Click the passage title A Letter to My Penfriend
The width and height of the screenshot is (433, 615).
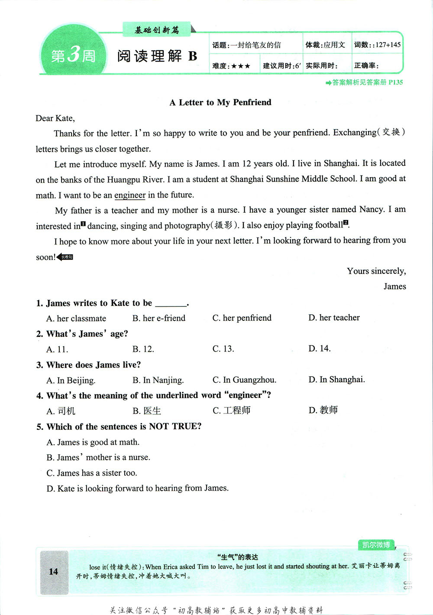(220, 102)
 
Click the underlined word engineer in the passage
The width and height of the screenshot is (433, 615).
(130, 195)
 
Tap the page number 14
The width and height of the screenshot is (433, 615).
(54, 571)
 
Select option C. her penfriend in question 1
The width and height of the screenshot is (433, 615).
(242, 318)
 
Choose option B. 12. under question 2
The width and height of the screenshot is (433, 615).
(143, 349)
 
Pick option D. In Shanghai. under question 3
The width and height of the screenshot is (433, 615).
(336, 380)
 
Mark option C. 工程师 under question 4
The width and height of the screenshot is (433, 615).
(232, 410)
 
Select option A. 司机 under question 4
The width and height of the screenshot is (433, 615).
(61, 411)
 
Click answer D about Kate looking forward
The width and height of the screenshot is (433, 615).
(137, 488)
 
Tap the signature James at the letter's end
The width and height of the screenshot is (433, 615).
(394, 286)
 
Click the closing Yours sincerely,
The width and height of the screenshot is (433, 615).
(376, 271)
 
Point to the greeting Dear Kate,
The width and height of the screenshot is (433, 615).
(55, 118)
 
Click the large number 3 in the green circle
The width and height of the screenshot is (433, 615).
(74, 55)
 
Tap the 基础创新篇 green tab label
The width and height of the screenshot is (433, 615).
(156, 30)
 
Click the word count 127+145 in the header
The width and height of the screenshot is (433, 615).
(388, 45)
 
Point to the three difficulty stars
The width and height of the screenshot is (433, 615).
(241, 66)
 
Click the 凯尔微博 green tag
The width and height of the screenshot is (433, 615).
(376, 545)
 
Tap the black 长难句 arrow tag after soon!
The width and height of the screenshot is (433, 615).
(65, 257)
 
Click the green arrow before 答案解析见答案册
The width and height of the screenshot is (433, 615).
(328, 83)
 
